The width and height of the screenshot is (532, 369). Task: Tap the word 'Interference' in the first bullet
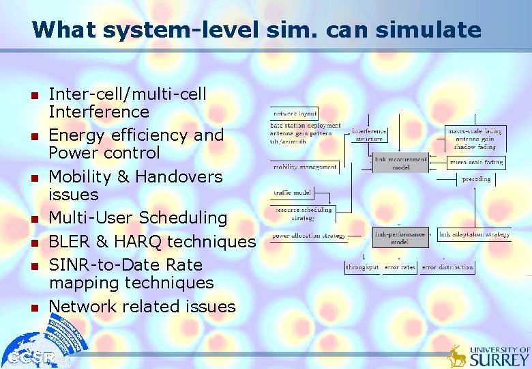98,111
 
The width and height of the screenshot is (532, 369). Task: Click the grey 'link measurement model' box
401,163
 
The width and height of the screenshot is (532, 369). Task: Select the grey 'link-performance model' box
400,237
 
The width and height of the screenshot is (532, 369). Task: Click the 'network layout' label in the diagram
295,113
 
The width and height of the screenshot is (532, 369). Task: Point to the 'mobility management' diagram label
305,167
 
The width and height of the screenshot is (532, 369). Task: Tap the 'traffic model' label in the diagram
292,193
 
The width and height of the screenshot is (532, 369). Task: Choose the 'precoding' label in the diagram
475,179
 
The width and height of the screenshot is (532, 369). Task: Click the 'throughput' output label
362,267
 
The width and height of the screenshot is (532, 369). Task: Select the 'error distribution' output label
447,267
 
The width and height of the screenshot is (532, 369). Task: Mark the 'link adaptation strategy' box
473,234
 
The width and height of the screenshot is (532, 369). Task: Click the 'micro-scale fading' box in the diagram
475,162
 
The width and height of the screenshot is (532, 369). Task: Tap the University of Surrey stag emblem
457,356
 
